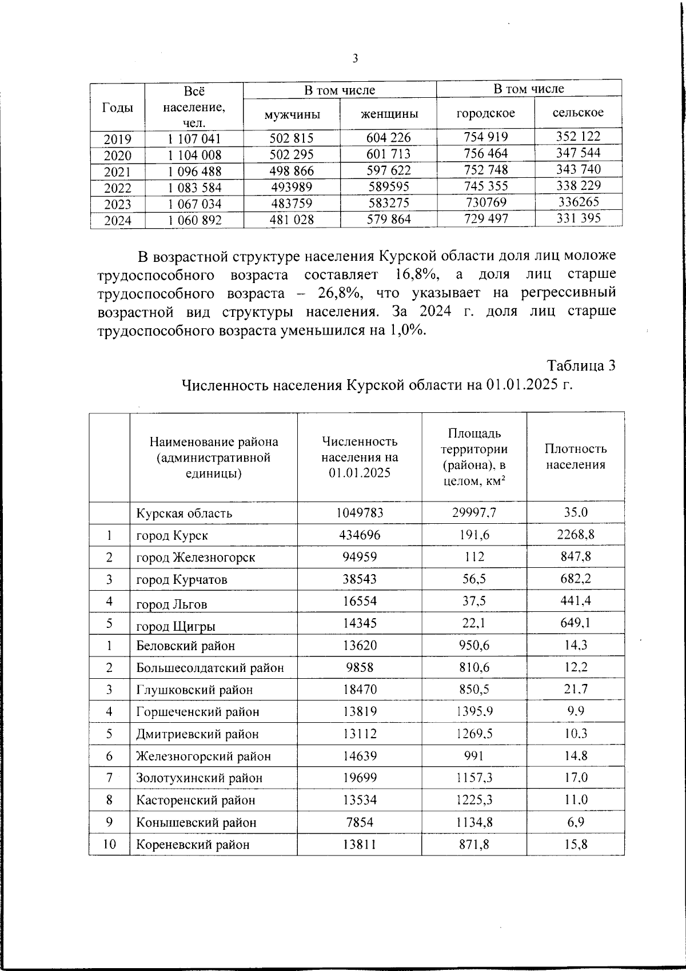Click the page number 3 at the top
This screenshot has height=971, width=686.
tap(355, 58)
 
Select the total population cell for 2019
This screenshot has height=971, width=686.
tap(194, 139)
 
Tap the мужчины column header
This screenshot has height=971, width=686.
tap(292, 114)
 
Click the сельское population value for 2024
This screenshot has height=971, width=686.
tap(578, 218)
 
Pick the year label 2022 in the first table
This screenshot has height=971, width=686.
tap(118, 188)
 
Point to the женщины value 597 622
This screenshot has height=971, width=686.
tap(389, 170)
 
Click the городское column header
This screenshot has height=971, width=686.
tap(485, 113)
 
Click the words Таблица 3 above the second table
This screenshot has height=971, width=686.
tap(581, 367)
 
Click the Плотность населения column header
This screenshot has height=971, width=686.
tap(575, 457)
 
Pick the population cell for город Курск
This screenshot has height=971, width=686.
tap(360, 535)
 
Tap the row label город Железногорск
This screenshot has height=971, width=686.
tap(196, 558)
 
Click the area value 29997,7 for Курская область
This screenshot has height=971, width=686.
tap(474, 513)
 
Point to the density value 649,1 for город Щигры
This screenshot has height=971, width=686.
tap(575, 623)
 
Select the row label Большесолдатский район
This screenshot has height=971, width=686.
tap(210, 668)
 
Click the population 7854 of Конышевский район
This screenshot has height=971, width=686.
tap(360, 822)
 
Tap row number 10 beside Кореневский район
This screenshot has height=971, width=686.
tap(109, 844)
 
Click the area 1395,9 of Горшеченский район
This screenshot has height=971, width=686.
tap(474, 712)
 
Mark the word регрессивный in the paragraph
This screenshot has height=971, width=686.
tap(569, 293)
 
